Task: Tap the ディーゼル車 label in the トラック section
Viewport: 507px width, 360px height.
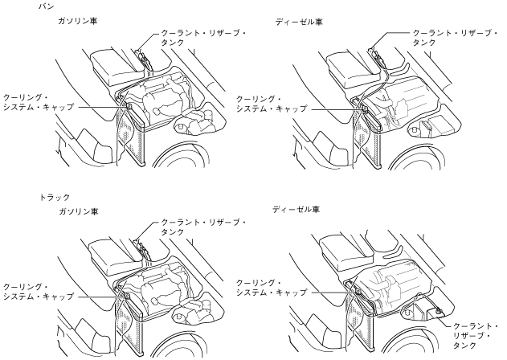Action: (x=294, y=209)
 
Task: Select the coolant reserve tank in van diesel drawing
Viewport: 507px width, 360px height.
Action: (x=376, y=56)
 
